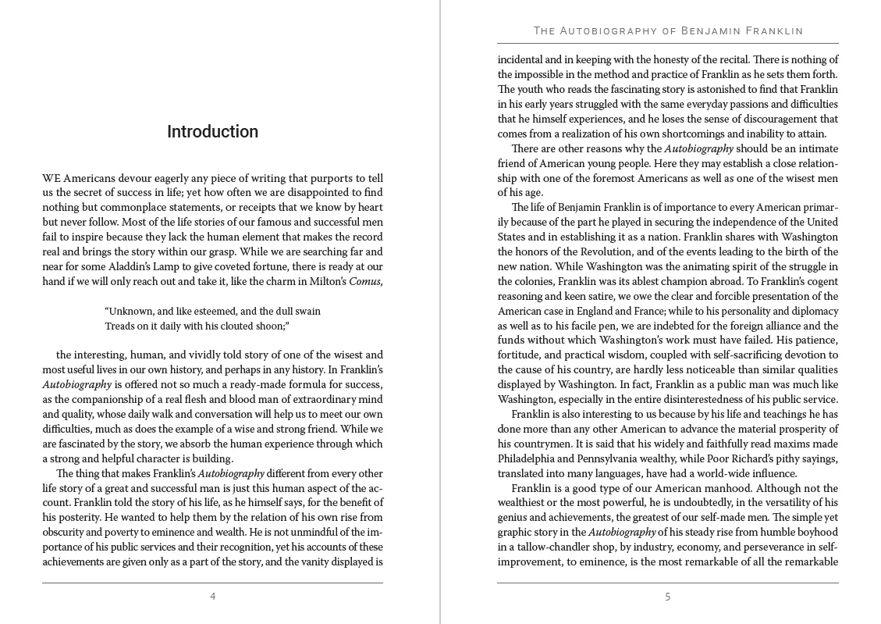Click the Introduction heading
pyautogui.click(x=212, y=132)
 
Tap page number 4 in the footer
pyautogui.click(x=212, y=597)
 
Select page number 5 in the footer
pyautogui.click(x=667, y=597)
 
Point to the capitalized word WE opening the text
pyautogui.click(x=51, y=178)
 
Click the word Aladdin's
pyautogui.click(x=127, y=267)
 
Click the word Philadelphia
pyautogui.click(x=528, y=458)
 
